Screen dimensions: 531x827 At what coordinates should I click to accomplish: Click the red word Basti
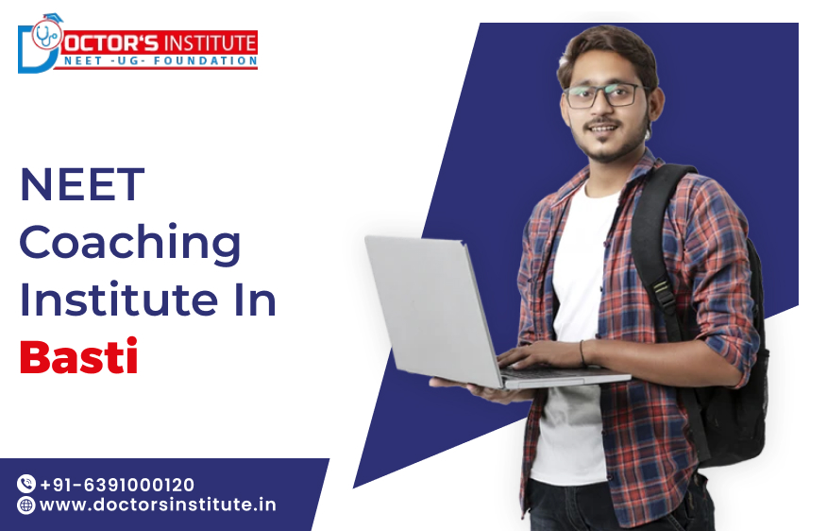tap(79, 359)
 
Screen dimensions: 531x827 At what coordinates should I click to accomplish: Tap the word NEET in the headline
tap(82, 185)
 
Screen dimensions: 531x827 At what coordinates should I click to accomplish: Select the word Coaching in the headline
tap(130, 245)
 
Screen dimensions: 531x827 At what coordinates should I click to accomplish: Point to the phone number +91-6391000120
tap(117, 485)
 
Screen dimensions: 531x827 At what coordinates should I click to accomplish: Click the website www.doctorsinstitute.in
tap(158, 505)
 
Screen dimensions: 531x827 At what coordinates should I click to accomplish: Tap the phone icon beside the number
tap(26, 485)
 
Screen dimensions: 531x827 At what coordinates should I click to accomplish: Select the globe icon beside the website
tap(26, 505)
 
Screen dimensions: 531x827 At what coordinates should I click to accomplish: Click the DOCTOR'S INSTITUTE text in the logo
tap(160, 43)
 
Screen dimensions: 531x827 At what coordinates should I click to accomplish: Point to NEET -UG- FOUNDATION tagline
tap(160, 61)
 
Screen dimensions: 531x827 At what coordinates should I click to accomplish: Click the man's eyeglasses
tap(604, 95)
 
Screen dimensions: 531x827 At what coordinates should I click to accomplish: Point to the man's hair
tap(604, 47)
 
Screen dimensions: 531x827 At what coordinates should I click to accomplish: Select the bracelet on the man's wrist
tap(582, 353)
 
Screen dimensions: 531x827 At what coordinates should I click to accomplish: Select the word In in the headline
tap(252, 300)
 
